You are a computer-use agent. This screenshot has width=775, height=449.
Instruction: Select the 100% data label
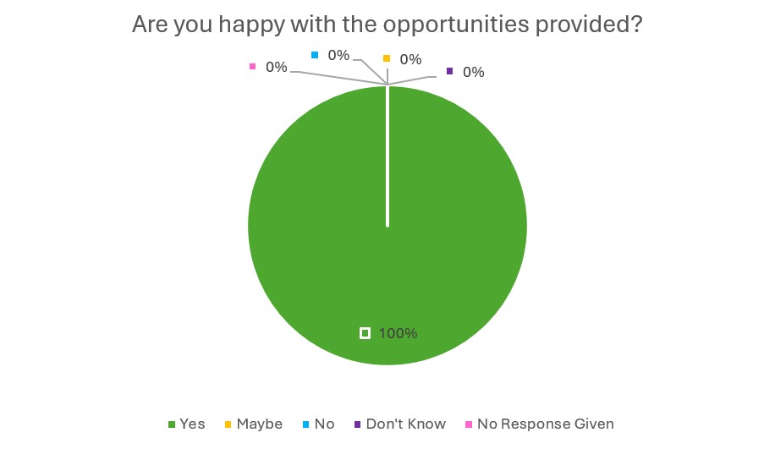click(398, 333)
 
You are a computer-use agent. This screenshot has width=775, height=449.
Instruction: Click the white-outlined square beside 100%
click(365, 333)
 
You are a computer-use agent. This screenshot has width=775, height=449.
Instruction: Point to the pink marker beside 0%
click(251, 66)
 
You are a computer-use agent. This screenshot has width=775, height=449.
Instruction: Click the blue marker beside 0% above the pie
click(315, 55)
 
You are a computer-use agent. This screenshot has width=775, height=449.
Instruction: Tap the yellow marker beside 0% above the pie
click(387, 58)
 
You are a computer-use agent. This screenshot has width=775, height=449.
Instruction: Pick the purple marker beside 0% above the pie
click(449, 71)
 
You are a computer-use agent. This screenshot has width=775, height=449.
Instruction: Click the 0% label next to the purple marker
click(473, 72)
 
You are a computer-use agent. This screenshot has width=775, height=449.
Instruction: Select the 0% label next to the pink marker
click(276, 67)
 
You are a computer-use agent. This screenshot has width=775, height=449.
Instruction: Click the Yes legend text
click(192, 424)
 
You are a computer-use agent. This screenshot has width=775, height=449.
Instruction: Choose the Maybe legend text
click(259, 424)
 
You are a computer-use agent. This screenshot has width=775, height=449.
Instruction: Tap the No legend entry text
click(324, 424)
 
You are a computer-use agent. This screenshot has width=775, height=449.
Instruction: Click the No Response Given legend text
click(545, 424)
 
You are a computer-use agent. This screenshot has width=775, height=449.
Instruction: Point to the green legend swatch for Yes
click(173, 424)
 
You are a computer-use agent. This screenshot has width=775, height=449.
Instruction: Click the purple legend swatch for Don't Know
click(357, 424)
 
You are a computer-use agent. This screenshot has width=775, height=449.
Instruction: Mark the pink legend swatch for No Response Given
click(470, 424)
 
